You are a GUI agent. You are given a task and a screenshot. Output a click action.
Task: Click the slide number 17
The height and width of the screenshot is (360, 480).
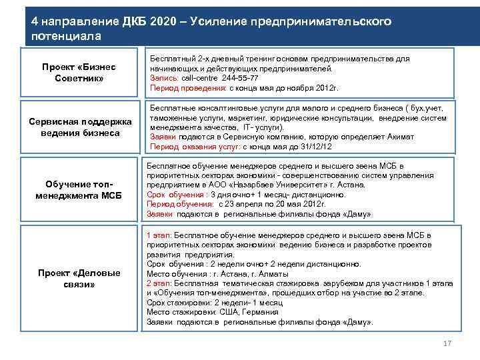click(x=447, y=343)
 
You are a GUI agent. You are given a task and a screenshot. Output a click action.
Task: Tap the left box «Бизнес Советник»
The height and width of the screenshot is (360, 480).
click(x=79, y=73)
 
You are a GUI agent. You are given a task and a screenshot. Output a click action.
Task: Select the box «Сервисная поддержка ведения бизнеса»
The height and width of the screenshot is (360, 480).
click(x=79, y=127)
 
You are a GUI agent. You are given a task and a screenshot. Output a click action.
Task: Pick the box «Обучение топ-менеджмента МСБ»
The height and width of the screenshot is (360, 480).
click(x=79, y=189)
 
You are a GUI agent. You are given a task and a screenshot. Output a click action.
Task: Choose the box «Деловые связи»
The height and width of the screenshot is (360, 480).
click(x=79, y=279)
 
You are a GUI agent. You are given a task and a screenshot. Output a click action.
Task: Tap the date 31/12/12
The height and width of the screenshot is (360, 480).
click(x=316, y=147)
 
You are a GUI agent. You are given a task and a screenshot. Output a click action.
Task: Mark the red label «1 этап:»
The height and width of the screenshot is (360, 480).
click(x=159, y=235)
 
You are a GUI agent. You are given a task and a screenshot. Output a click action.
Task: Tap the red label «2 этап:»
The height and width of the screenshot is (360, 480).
click(x=159, y=283)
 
